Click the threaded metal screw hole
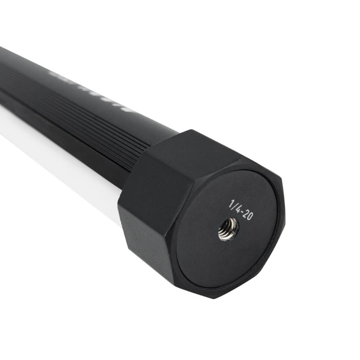(228, 230)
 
